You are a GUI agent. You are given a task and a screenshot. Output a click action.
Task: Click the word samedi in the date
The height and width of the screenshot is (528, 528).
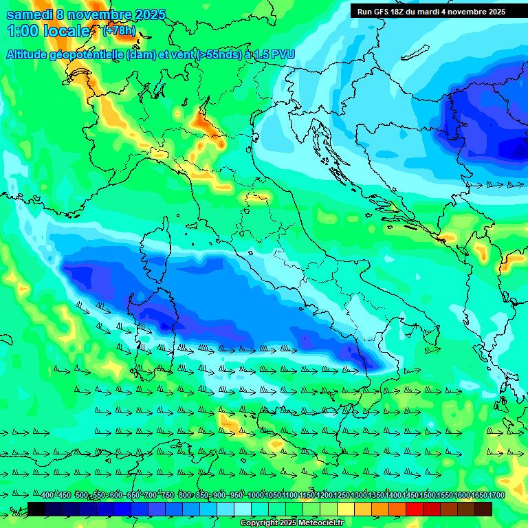pyautogui.click(x=30, y=14)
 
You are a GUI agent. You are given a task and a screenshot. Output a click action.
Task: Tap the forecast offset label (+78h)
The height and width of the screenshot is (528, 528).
pyautogui.click(x=118, y=31)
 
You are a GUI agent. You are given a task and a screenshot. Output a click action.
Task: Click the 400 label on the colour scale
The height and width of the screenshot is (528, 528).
pyautogui.click(x=47, y=496)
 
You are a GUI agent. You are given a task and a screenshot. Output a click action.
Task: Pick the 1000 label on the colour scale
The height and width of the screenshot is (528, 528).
pyautogui.click(x=255, y=496)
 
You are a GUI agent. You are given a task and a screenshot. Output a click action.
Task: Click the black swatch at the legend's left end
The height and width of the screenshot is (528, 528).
pyautogui.click(x=36, y=509)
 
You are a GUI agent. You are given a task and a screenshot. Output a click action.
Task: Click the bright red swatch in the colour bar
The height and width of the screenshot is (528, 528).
pyautogui.click(x=415, y=509)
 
